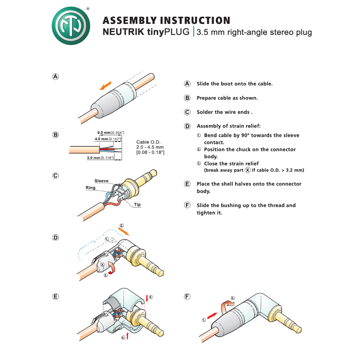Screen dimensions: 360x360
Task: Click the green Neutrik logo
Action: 71,26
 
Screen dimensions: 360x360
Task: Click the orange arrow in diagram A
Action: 105,86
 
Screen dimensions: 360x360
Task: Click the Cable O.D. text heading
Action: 148,142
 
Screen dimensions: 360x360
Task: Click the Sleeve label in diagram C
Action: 102,181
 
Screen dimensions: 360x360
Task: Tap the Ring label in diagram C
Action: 90,188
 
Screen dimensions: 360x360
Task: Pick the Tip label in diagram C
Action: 137,205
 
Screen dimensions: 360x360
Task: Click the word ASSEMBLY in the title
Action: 129,20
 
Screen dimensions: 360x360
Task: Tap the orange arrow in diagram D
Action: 124,231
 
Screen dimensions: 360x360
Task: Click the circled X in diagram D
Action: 102,264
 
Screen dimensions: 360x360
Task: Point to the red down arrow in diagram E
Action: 147,298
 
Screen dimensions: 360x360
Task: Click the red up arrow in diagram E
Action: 127,336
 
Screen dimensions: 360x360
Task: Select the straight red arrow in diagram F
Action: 212,316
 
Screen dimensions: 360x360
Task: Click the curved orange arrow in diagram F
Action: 227,306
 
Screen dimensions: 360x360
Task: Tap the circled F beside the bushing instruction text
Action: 187,205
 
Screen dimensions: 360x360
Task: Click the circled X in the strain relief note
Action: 247,170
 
